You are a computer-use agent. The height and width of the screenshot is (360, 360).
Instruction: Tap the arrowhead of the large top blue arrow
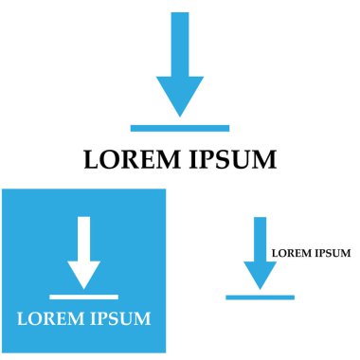(180, 95)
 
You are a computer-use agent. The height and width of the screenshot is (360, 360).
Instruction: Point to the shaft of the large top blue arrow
(180, 44)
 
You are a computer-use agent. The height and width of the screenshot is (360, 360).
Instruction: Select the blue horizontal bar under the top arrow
(180, 127)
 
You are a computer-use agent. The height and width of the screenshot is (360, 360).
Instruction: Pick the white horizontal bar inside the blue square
(84, 297)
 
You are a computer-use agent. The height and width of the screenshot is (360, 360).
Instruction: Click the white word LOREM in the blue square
(48, 318)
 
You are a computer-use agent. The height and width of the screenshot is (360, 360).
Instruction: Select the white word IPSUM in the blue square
(118, 318)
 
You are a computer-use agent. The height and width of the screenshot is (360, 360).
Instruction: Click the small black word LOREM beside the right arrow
(291, 253)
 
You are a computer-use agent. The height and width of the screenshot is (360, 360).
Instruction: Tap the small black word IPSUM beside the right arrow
(333, 253)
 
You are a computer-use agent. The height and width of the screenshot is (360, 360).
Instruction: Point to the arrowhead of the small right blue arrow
(260, 275)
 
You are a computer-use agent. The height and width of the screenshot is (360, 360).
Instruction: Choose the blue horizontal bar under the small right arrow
(260, 297)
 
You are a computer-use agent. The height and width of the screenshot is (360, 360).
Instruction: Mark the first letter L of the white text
(23, 318)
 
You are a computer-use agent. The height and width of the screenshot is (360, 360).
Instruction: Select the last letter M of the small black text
(346, 253)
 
